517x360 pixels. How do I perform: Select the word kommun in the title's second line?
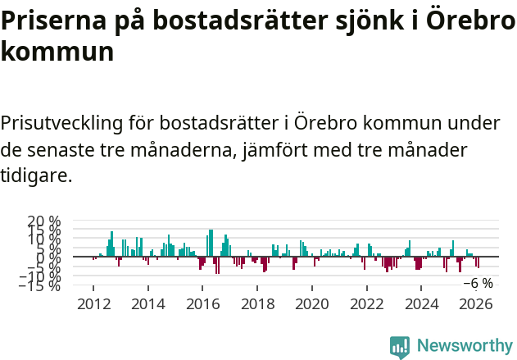(x=57, y=52)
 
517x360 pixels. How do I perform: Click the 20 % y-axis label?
(x=43, y=221)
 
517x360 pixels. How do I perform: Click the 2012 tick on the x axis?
(x=93, y=303)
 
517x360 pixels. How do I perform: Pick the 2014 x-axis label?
(x=148, y=303)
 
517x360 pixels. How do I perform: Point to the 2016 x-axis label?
(x=202, y=303)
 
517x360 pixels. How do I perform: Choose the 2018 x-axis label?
(x=257, y=303)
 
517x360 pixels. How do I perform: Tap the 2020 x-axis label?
(x=311, y=303)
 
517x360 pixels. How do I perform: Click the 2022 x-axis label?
(x=366, y=303)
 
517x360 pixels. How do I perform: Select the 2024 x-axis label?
(x=421, y=303)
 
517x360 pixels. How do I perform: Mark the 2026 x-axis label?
(x=475, y=303)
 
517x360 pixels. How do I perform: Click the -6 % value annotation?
(x=478, y=283)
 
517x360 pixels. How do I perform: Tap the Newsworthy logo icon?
(x=400, y=346)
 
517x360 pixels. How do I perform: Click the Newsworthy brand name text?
(x=464, y=346)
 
